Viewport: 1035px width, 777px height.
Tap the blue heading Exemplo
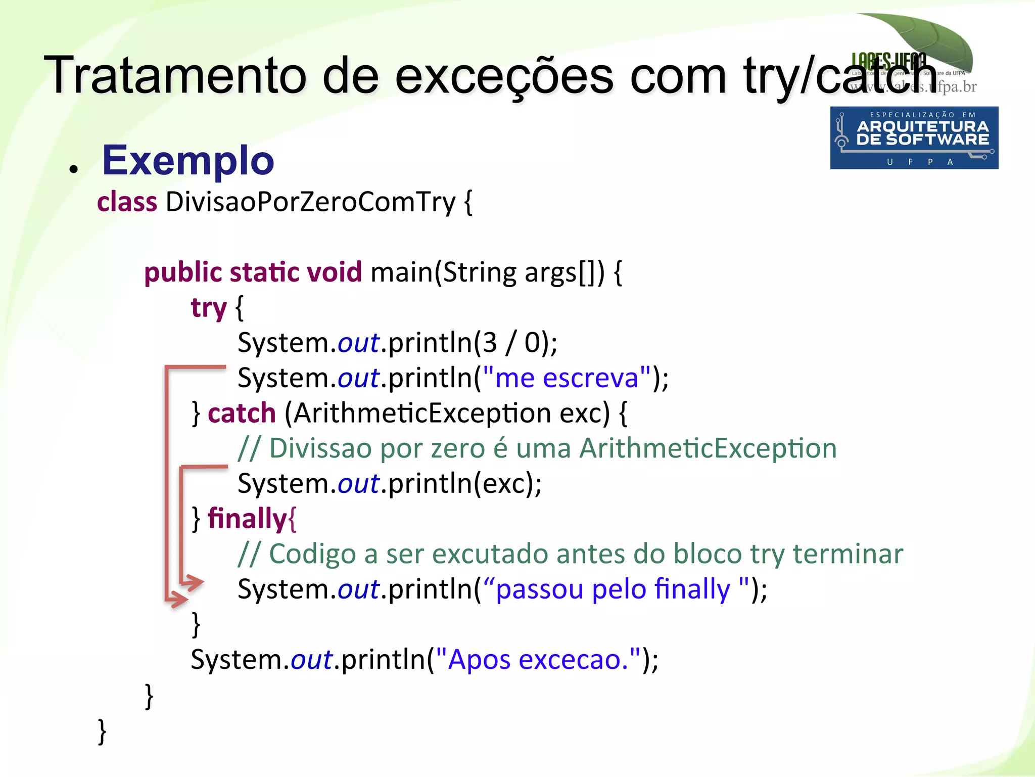(x=188, y=161)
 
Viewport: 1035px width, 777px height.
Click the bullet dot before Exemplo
(x=74, y=170)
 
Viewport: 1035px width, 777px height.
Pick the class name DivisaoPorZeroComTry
(x=310, y=202)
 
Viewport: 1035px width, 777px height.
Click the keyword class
(x=127, y=202)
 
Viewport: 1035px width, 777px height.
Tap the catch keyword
(x=242, y=413)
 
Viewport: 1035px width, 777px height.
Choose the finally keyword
(x=247, y=519)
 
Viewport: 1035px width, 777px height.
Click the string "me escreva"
(x=567, y=378)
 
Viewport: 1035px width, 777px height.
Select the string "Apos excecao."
(x=538, y=659)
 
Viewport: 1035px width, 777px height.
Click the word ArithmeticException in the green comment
(x=708, y=448)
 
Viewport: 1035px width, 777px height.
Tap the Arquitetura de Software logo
(x=914, y=138)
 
